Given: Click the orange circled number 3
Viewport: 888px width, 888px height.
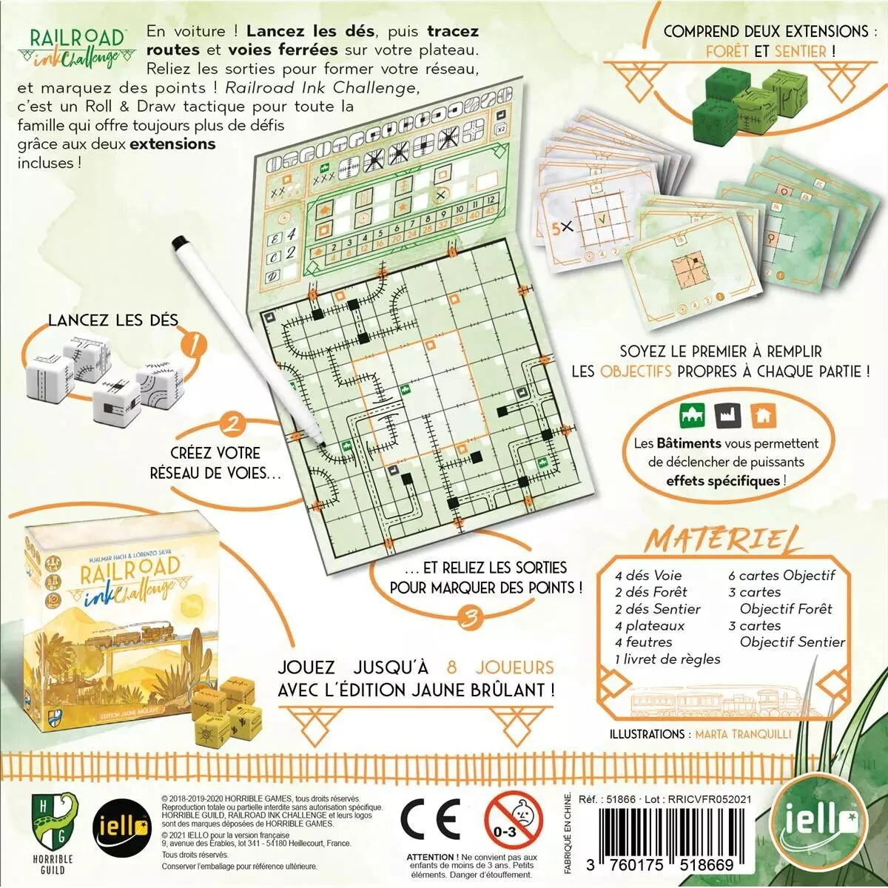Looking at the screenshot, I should pyautogui.click(x=469, y=617).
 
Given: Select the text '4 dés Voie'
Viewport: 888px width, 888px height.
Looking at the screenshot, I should pyautogui.click(x=647, y=575).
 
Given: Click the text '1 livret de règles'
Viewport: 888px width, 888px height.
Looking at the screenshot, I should pyautogui.click(x=667, y=659).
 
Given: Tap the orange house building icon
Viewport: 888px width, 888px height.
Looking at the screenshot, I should pyautogui.click(x=763, y=415).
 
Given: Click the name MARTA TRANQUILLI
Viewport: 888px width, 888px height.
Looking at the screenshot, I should pyautogui.click(x=743, y=734).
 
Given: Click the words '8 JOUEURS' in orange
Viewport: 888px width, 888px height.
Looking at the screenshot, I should pyautogui.click(x=501, y=667).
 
